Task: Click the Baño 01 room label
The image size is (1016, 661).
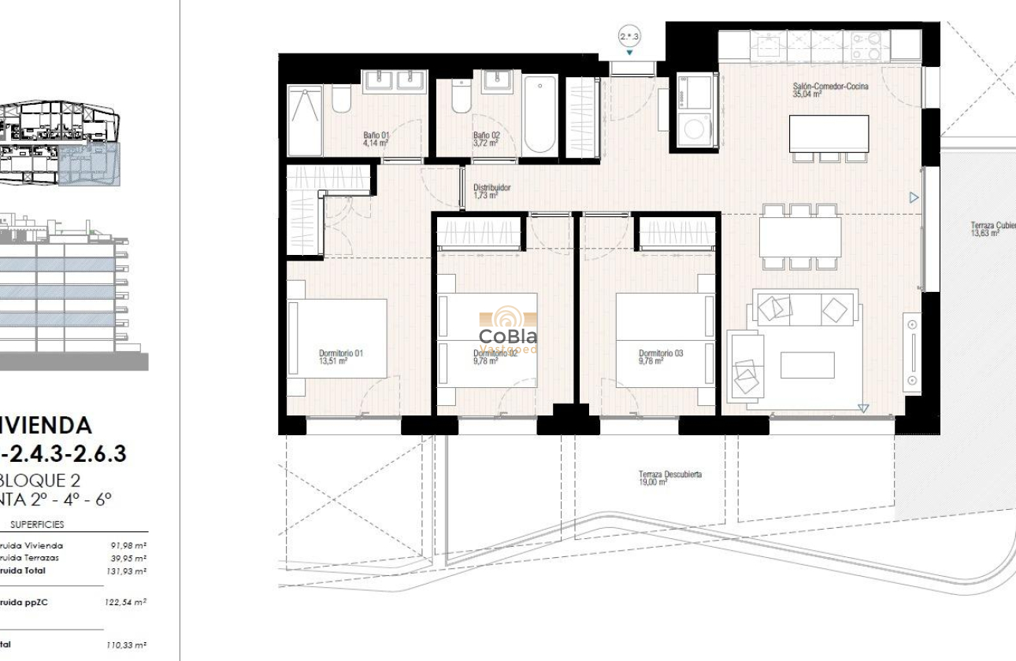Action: [x=376, y=139]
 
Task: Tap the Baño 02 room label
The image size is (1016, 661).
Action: [x=486, y=139]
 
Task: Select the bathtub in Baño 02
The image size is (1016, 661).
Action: [x=540, y=114]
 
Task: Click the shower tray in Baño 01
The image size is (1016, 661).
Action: [x=305, y=120]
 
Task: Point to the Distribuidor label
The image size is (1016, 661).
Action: [x=491, y=191]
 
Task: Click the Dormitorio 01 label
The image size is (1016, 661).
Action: [x=340, y=356]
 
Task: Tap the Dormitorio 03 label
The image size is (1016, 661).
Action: [x=660, y=356]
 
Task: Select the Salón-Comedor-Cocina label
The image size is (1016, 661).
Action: [x=830, y=89]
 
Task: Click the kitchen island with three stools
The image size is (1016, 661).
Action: [x=829, y=134]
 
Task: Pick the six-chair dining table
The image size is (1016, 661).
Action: [x=800, y=237]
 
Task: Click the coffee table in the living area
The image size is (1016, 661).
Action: [x=807, y=364]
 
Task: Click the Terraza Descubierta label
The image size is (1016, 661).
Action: [x=669, y=478]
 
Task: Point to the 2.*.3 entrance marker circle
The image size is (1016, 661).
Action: [x=629, y=36]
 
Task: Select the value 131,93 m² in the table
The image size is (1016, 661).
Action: [x=128, y=571]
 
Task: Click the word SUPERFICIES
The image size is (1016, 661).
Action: [x=38, y=524]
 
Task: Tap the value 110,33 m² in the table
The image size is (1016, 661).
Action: [x=127, y=644]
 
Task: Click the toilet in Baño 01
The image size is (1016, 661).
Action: [x=342, y=100]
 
